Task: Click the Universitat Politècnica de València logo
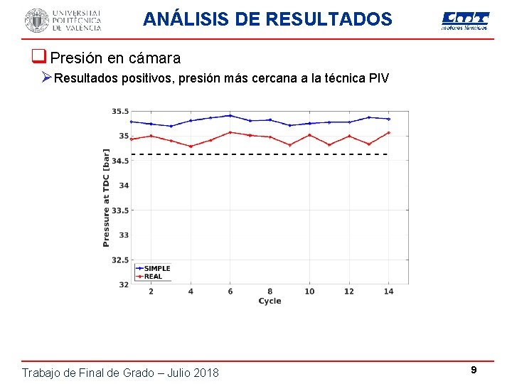tap(63, 20)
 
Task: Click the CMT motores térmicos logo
tap(465, 21)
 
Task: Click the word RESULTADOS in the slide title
tap(329, 19)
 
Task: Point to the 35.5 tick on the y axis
tap(119, 112)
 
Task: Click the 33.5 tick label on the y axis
tap(119, 210)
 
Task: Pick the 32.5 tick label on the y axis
tap(119, 260)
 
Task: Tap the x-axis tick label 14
tap(388, 292)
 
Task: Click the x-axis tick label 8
tap(270, 292)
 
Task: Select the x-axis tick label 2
tap(151, 292)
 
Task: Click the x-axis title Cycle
tap(270, 301)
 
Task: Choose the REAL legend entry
tap(153, 276)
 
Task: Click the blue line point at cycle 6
tap(230, 115)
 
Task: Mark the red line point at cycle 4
tap(191, 146)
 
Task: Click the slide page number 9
tap(474, 370)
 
